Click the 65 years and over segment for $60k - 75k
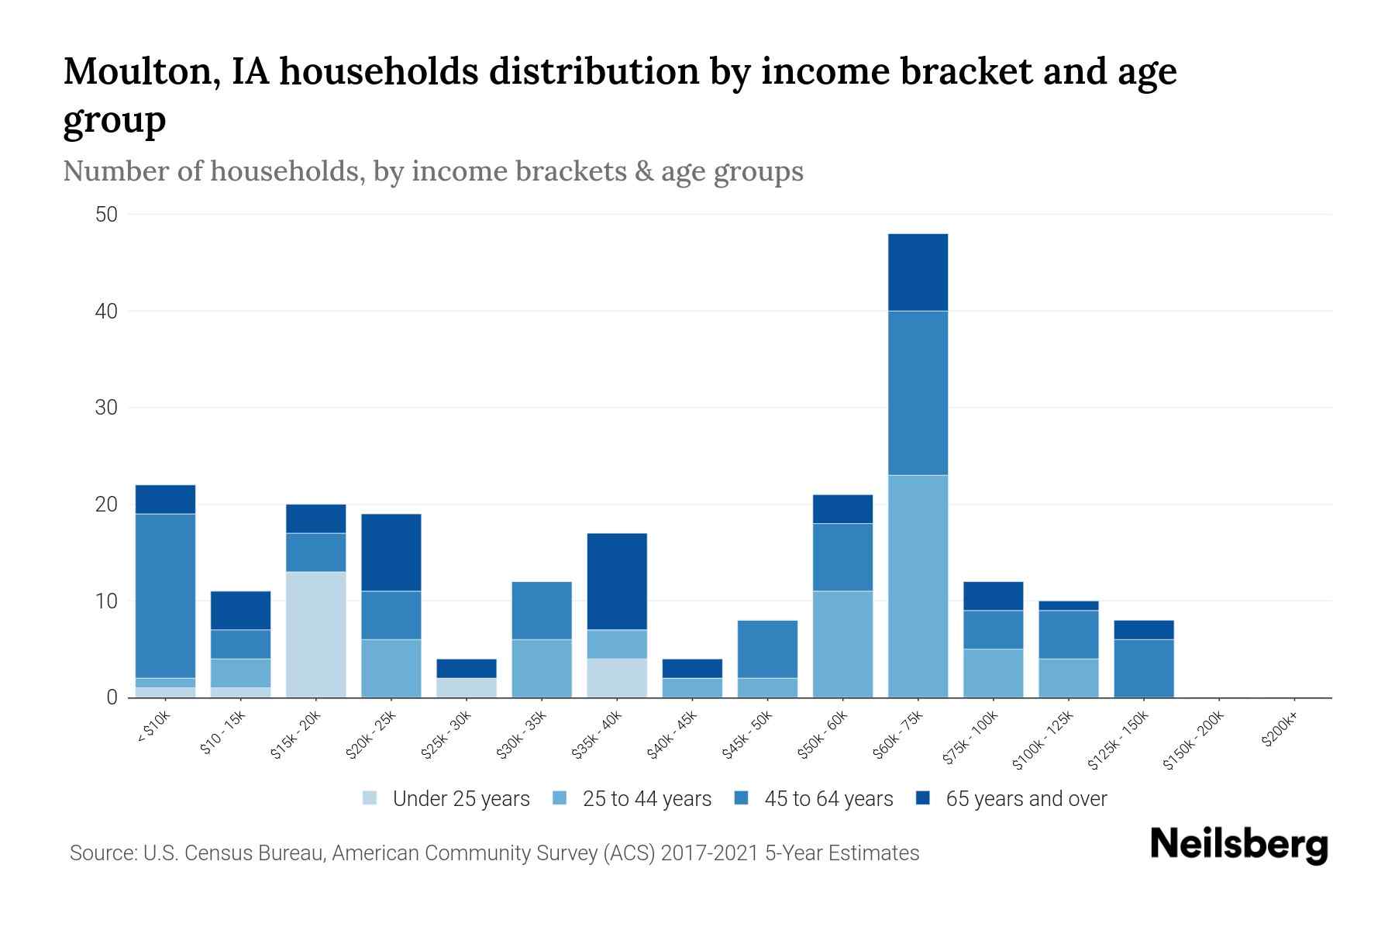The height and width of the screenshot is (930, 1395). coord(918,272)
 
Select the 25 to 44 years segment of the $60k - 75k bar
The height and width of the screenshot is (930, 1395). coord(918,586)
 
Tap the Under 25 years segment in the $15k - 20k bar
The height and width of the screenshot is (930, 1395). coord(315,635)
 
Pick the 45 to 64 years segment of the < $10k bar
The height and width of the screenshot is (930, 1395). coord(165,596)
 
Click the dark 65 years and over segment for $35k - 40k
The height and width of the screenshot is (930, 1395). coord(617,581)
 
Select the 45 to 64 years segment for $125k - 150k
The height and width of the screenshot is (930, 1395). coord(1143,668)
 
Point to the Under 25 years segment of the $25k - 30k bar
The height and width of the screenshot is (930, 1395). coord(467,687)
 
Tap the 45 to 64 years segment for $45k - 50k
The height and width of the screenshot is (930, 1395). coord(767,649)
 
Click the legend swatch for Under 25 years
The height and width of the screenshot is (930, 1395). coord(370,798)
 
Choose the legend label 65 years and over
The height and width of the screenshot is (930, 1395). coord(1026,799)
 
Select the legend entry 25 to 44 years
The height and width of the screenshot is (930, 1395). coord(646,799)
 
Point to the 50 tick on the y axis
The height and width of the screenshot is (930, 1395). coord(106,215)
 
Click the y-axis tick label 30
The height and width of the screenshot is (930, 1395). coord(106,408)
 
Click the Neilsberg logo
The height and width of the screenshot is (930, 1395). coord(1238,845)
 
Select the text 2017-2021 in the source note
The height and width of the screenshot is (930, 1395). coord(710,853)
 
